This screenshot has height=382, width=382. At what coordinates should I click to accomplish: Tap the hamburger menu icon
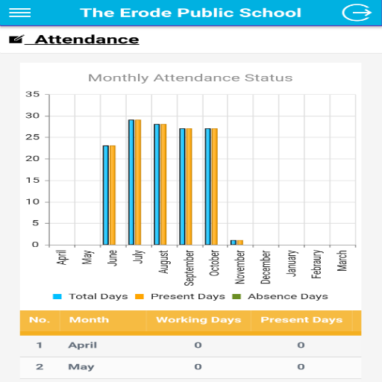click(x=20, y=13)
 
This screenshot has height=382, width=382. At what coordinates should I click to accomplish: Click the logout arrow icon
click(x=357, y=13)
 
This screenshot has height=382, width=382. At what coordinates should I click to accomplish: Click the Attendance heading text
click(x=87, y=40)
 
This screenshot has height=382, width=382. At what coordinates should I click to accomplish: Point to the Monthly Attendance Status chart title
click(x=190, y=78)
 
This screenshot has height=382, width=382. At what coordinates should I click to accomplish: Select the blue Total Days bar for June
click(x=106, y=195)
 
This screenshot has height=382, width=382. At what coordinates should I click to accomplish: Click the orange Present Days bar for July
click(x=138, y=182)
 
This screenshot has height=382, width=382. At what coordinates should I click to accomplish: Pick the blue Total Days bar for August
click(x=157, y=184)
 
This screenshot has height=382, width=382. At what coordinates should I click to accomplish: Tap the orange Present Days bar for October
click(x=215, y=187)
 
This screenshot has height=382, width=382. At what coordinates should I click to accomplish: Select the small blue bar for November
click(x=234, y=242)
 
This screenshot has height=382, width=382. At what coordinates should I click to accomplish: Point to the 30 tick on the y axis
click(x=33, y=116)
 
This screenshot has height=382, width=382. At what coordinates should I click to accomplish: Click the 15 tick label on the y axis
click(x=33, y=181)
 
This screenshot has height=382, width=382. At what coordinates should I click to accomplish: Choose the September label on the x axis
click(x=189, y=268)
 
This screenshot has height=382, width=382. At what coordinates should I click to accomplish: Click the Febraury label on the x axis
click(x=316, y=264)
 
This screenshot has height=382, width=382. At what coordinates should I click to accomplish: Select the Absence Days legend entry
click(x=280, y=296)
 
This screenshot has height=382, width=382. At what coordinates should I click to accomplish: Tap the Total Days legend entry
click(x=90, y=296)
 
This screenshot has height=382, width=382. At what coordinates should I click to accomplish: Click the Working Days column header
click(x=198, y=320)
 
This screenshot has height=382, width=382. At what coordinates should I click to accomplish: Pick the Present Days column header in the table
click(x=301, y=320)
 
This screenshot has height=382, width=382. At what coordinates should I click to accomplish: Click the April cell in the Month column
click(x=83, y=345)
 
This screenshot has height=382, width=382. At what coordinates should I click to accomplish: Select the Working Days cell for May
click(x=198, y=367)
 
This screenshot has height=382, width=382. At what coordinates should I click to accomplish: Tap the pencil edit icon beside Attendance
click(x=16, y=40)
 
